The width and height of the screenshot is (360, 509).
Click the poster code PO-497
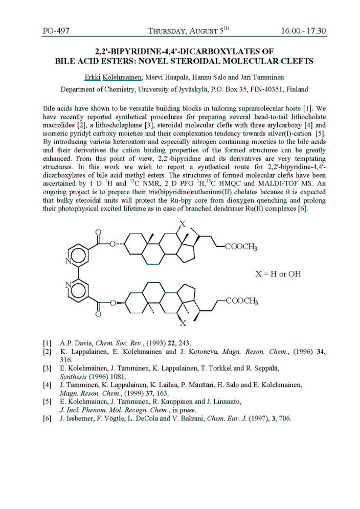point(56,31)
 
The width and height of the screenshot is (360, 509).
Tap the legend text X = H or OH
point(278,274)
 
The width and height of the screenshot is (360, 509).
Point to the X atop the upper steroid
point(182,224)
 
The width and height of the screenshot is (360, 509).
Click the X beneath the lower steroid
point(183,323)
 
